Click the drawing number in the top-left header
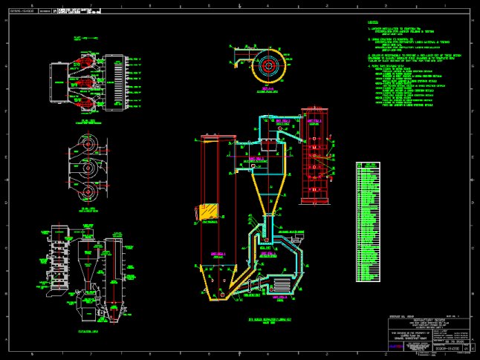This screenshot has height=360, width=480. [x=21, y=11]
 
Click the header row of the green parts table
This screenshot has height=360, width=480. [x=368, y=165]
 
